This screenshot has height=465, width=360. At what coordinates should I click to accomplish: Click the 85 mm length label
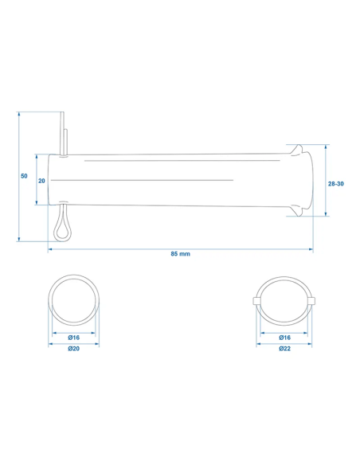tap(180, 254)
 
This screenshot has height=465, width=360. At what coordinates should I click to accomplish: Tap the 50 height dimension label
tap(24, 176)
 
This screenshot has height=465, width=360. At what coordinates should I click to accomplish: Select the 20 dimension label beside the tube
tap(41, 181)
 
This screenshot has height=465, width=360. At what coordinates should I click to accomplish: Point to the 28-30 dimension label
tap(335, 184)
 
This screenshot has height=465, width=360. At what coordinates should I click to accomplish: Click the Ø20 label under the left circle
tap(73, 349)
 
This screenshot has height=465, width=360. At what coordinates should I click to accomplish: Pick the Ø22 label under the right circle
tap(284, 349)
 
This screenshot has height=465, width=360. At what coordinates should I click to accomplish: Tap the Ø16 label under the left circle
tap(73, 338)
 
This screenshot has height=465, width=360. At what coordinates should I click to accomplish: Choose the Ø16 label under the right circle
tap(284, 338)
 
